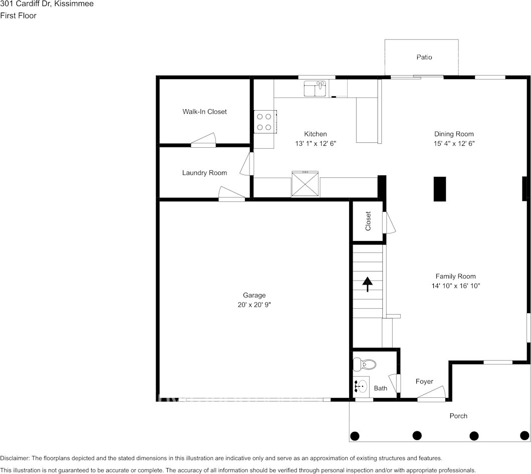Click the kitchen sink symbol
pos(315,89)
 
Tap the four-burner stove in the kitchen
pos(264,121)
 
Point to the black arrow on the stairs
pos(368,284)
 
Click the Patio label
pos(424,57)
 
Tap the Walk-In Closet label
pos(204,112)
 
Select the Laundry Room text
pos(204,173)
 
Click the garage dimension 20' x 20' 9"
pos(254,305)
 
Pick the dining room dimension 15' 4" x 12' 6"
pos(454,143)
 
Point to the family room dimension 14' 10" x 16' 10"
pos(455,286)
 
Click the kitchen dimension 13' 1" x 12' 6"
pos(315,143)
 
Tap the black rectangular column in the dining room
pos(440,189)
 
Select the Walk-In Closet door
pos(203,141)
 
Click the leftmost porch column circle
pos(355,435)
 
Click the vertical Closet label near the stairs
pos(368,220)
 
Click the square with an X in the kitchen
pos(305,184)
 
